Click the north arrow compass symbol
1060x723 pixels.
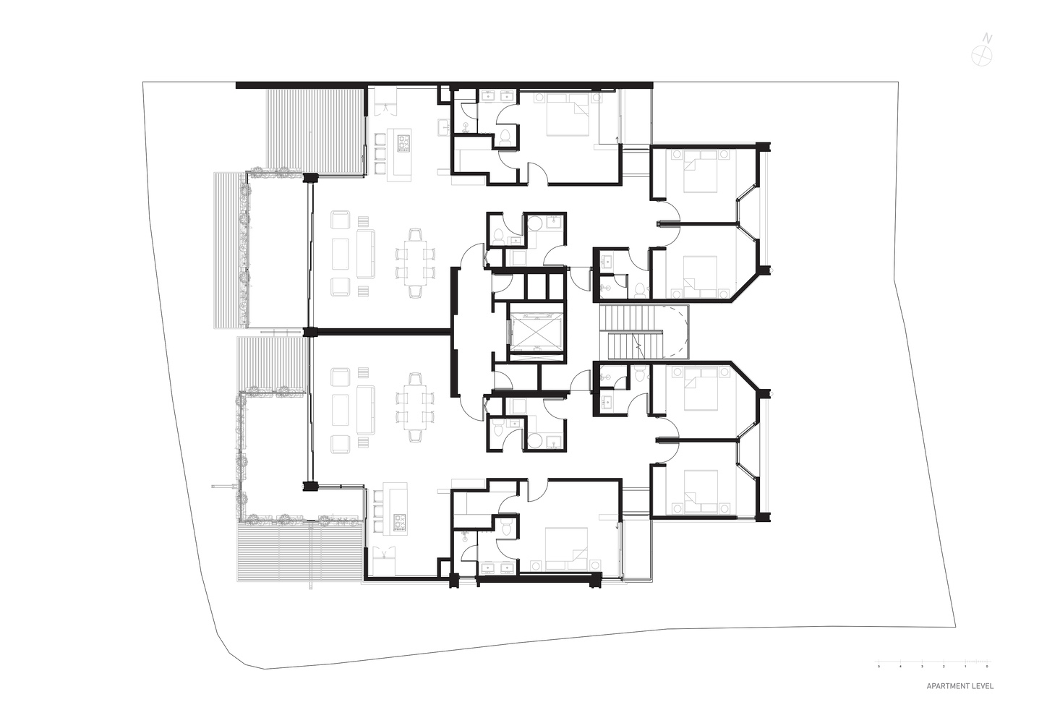point(981,54)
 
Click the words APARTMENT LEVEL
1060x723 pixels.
point(959,686)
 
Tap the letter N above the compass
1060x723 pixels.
point(988,38)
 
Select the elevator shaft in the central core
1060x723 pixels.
point(535,332)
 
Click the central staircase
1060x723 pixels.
point(636,332)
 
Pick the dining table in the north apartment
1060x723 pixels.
point(415,263)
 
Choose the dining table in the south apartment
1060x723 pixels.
point(415,407)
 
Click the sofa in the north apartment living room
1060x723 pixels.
point(365,254)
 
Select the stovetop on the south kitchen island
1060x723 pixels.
point(399,521)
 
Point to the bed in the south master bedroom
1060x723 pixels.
point(565,547)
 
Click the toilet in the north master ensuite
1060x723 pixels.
point(506,137)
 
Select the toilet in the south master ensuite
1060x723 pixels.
point(506,529)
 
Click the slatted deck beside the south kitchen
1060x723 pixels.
point(300,552)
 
